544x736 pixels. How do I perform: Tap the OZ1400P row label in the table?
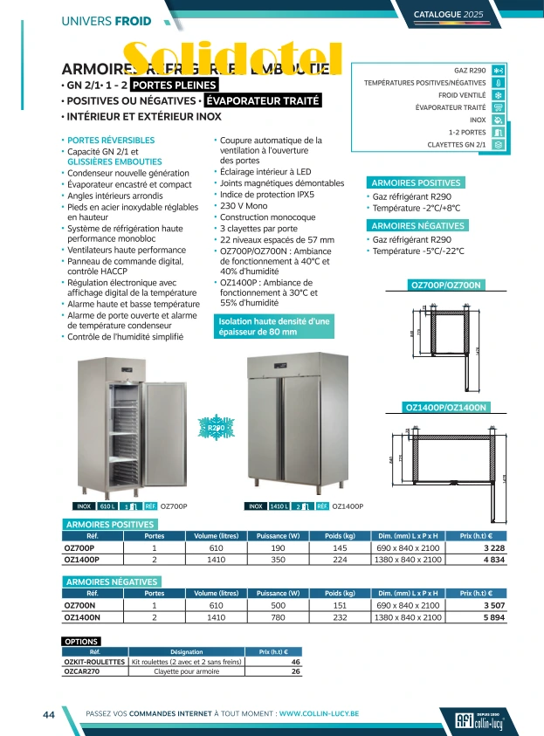pyautogui.click(x=82, y=559)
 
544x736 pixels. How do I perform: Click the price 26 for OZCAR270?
pyautogui.click(x=295, y=671)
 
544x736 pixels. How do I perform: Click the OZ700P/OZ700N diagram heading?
pyautogui.click(x=445, y=285)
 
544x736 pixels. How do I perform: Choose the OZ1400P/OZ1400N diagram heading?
pyautogui.click(x=447, y=407)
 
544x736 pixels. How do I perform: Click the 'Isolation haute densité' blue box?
pyautogui.click(x=273, y=327)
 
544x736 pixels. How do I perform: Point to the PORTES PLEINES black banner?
pyautogui.click(x=173, y=85)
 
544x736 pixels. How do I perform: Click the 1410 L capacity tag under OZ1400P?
pyautogui.click(x=279, y=506)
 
